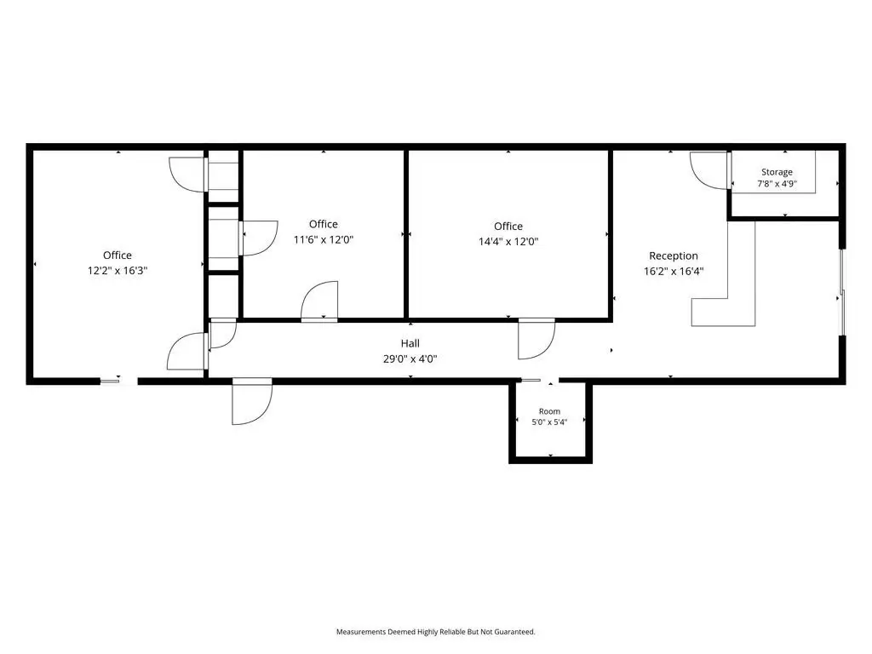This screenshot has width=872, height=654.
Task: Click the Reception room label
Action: click(674, 255)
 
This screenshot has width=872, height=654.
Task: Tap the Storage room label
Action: click(777, 172)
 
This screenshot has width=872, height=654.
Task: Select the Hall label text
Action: click(410, 343)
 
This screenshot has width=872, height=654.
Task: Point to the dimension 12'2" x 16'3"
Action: click(118, 271)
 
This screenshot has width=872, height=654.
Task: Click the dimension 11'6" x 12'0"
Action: click(324, 239)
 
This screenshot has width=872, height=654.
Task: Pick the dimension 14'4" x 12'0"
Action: click(508, 241)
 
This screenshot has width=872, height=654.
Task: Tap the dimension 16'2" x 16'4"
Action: click(674, 272)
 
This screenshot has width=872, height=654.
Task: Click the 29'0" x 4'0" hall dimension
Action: click(410, 359)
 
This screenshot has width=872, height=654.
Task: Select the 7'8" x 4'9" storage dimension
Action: click(777, 184)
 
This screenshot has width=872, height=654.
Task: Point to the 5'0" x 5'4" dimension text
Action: click(549, 422)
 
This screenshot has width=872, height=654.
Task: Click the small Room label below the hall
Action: click(549, 411)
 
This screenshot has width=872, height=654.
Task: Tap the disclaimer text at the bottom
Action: click(435, 632)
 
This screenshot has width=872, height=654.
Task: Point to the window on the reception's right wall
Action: click(842, 293)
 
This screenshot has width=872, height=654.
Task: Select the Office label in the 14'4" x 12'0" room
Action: click(508, 227)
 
